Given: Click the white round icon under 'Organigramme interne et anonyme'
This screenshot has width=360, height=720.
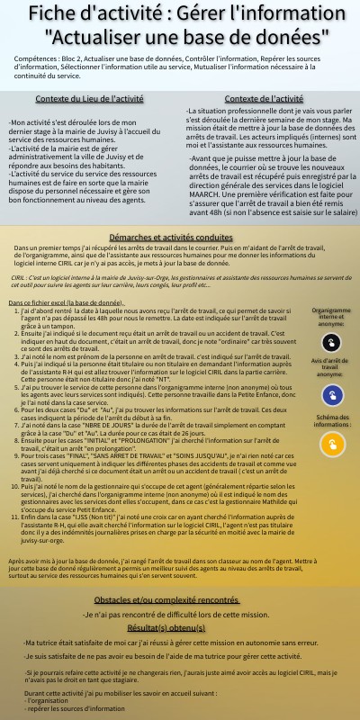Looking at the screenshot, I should (332, 343).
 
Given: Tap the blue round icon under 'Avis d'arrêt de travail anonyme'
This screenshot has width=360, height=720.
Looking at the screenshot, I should (332, 393).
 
